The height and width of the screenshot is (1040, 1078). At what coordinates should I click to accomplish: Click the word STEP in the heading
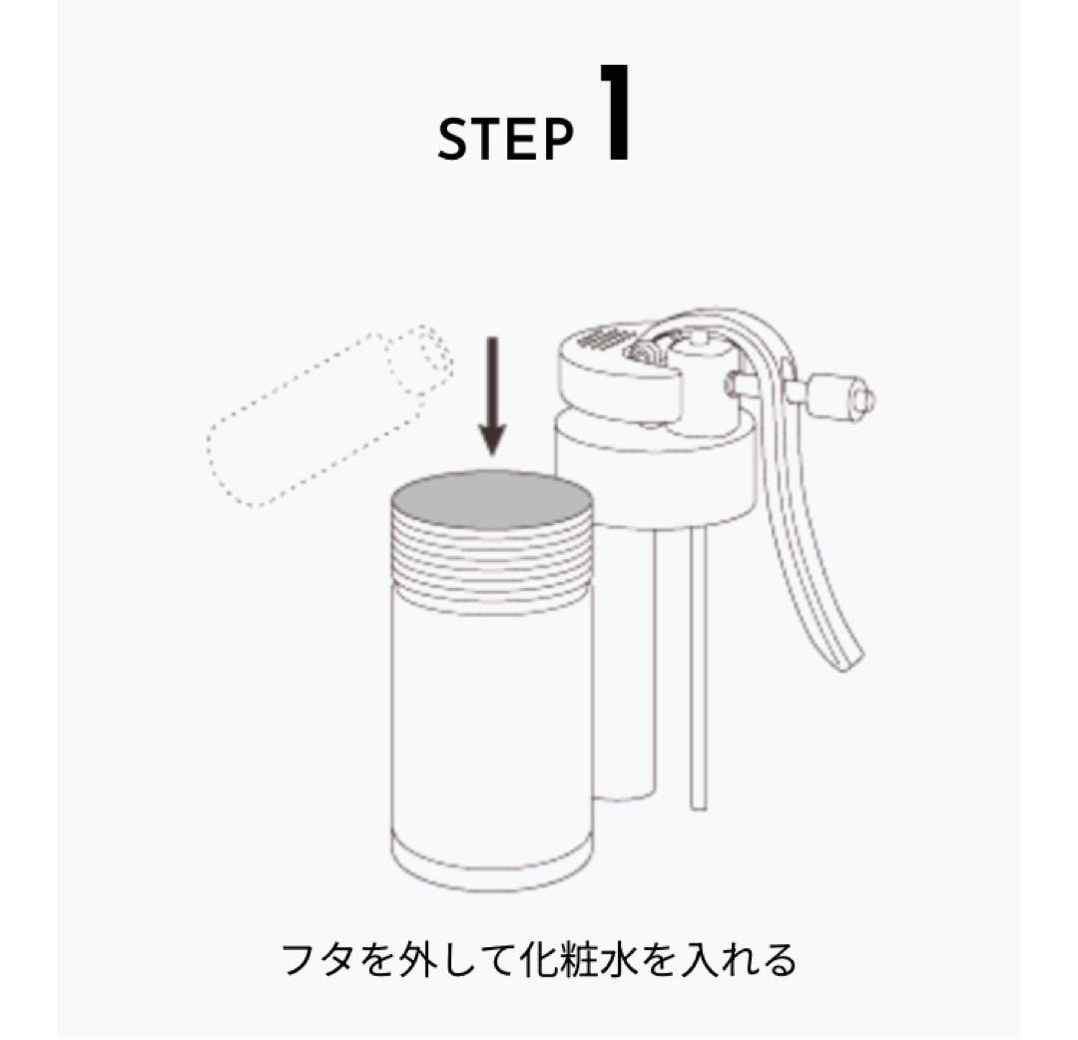click(505, 141)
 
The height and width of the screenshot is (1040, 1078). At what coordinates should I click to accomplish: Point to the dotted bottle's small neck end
click(425, 355)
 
